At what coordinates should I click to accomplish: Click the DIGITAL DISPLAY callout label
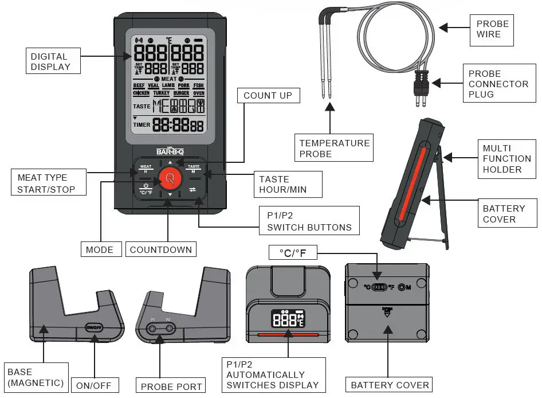click(x=50, y=61)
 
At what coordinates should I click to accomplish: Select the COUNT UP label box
click(x=268, y=96)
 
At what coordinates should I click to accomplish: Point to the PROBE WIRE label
click(x=492, y=29)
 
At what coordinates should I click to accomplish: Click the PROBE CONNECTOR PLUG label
click(x=498, y=84)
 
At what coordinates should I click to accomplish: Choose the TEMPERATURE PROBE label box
click(x=334, y=148)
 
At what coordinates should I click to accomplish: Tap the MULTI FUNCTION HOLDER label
click(x=506, y=159)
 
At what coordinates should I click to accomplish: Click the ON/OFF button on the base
click(x=93, y=327)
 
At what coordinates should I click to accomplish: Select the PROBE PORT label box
click(x=171, y=387)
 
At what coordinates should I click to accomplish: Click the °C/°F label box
click(x=293, y=253)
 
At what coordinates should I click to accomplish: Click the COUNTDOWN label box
click(x=160, y=249)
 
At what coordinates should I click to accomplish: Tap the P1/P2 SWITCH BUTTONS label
click(x=309, y=221)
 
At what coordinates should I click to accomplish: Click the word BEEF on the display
click(x=139, y=85)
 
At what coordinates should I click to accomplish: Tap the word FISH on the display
click(x=198, y=85)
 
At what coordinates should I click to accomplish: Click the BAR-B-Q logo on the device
click(x=169, y=152)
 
